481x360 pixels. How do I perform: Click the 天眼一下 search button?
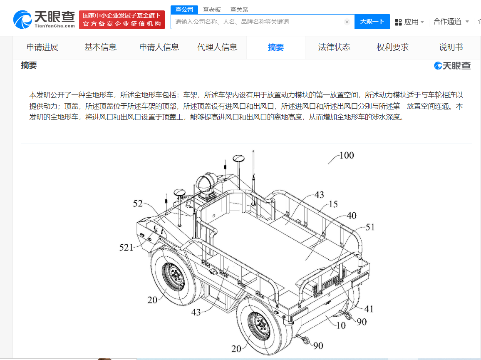(372, 22)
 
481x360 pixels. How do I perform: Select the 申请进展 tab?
(42, 47)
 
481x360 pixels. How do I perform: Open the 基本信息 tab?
(101, 47)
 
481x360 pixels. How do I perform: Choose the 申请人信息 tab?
(159, 47)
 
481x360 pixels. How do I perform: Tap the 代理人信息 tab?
(217, 47)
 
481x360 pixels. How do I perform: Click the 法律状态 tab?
(334, 47)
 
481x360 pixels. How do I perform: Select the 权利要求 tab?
(392, 47)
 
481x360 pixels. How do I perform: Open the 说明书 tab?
(451, 47)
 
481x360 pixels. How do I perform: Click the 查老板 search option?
(212, 10)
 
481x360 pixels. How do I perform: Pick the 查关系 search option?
(239, 10)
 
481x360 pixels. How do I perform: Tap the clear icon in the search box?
(347, 22)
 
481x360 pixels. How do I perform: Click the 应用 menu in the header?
(409, 22)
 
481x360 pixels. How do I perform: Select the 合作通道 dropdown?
(451, 21)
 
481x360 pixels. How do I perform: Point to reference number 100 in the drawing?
(346, 156)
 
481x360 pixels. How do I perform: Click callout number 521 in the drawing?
(126, 248)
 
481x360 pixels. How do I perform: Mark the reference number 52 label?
(138, 204)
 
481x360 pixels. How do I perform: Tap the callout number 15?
(333, 205)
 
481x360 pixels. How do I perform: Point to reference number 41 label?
(369, 309)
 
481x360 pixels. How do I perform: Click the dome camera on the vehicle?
(206, 184)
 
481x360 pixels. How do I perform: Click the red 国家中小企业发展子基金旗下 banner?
(122, 20)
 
